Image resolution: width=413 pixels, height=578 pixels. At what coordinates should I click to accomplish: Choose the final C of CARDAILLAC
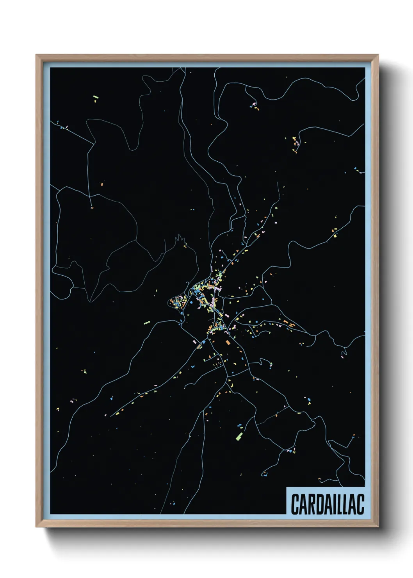point(360,504)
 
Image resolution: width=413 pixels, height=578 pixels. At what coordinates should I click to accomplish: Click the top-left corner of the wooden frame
point(36,55)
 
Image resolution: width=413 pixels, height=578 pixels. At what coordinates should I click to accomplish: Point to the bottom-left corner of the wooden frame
point(36,527)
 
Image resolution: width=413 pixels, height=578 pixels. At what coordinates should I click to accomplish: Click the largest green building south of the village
point(239,435)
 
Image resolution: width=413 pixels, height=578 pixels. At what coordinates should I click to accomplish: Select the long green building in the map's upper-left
point(96,97)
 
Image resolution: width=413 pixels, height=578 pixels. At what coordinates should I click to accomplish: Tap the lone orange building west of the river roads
point(102,183)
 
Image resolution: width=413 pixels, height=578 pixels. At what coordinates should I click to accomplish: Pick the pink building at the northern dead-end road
point(254,104)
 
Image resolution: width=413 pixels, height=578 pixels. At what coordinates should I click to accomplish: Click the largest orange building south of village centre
point(228,343)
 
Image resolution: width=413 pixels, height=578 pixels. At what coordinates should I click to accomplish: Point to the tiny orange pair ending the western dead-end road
point(92,208)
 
